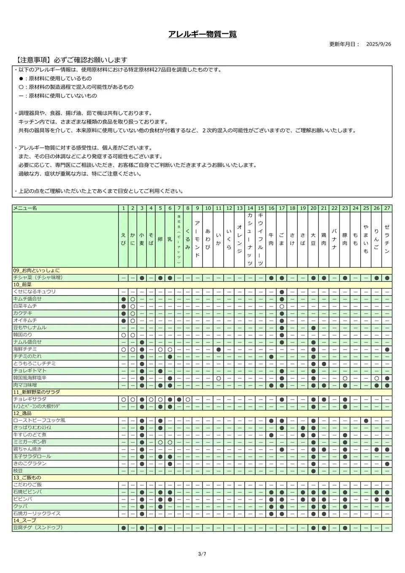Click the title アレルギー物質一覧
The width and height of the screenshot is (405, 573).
click(x=202, y=34)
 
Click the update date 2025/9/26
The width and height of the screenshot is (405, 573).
click(x=378, y=44)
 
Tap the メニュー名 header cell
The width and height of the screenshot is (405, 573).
click(x=25, y=208)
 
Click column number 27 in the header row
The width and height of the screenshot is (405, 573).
click(x=387, y=208)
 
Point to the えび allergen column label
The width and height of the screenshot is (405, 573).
click(x=123, y=239)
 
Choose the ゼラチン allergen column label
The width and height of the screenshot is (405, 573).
click(x=387, y=239)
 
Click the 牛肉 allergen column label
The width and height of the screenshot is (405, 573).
click(x=271, y=239)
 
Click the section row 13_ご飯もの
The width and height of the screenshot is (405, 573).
click(x=27, y=478)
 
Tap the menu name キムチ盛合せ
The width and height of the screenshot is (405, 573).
click(x=27, y=299)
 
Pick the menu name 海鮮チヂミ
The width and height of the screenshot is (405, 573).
click(x=25, y=349)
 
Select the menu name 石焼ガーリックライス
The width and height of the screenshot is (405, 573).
click(x=37, y=513)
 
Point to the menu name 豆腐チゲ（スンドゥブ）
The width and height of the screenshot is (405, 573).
click(x=38, y=528)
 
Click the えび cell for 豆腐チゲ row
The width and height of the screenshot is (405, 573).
click(x=123, y=528)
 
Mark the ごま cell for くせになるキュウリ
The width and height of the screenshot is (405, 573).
click(x=281, y=292)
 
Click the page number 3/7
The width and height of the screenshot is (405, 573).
click(x=202, y=554)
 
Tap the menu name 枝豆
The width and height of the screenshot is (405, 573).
click(x=18, y=470)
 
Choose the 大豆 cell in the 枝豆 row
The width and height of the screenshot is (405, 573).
click(x=313, y=470)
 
